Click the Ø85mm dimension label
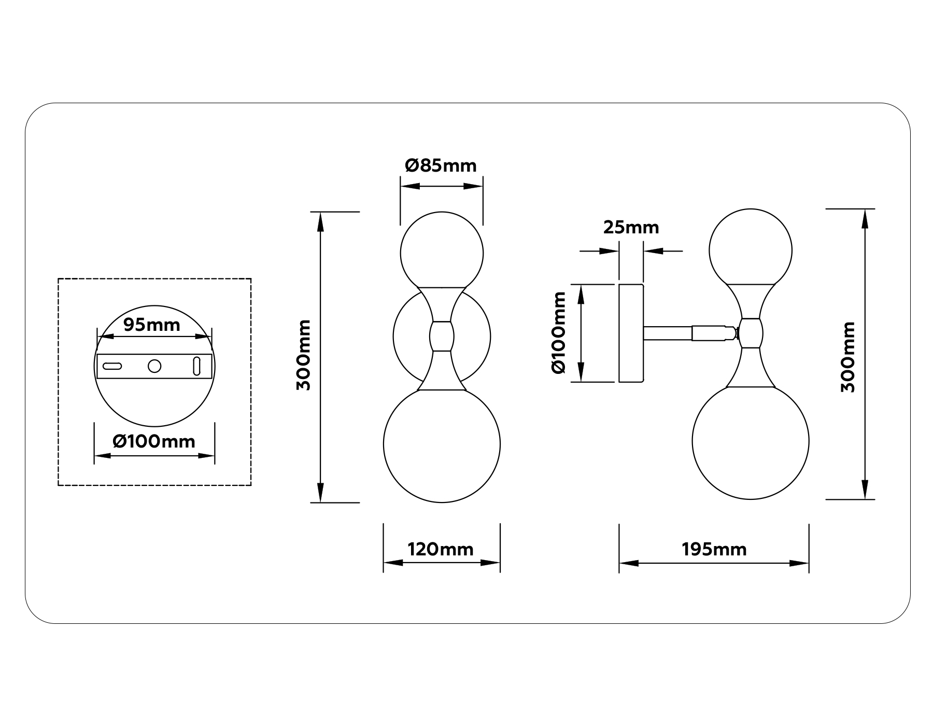(441, 166)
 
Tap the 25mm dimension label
(631, 228)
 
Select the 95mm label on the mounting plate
(152, 325)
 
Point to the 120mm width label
(441, 549)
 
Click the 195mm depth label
(714, 549)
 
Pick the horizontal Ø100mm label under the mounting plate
(154, 442)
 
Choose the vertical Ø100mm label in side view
(559, 332)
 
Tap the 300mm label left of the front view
(304, 355)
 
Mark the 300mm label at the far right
(848, 357)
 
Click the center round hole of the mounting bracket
(154, 366)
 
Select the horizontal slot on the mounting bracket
(112, 366)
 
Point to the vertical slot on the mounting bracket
(197, 366)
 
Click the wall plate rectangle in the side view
(631, 333)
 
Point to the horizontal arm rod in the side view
(668, 333)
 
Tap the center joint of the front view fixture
(442, 337)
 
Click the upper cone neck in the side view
(751, 301)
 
